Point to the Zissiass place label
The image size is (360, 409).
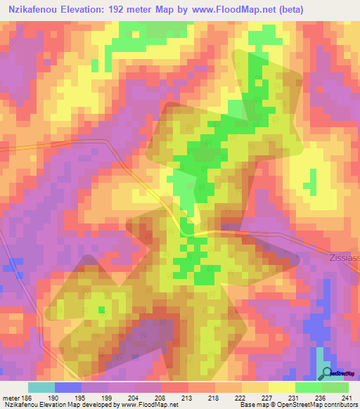(342, 258)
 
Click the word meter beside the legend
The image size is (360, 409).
(10, 398)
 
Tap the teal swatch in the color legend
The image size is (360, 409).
(41, 387)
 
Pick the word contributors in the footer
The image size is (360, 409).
(338, 405)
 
